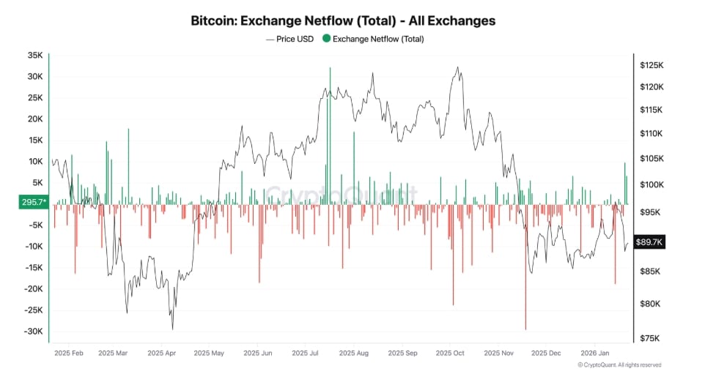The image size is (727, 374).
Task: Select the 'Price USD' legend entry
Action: point(291,39)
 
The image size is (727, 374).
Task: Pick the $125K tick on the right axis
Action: point(652,65)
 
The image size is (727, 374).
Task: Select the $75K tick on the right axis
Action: point(650,338)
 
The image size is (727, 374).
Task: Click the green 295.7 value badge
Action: point(34,203)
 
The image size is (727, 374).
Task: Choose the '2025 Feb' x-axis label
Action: point(69,352)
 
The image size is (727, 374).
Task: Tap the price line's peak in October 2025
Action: point(459,68)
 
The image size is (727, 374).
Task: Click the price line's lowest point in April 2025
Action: point(173,329)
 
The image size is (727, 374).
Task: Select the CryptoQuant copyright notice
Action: point(619,364)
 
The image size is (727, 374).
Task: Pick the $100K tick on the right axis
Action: point(652,185)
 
